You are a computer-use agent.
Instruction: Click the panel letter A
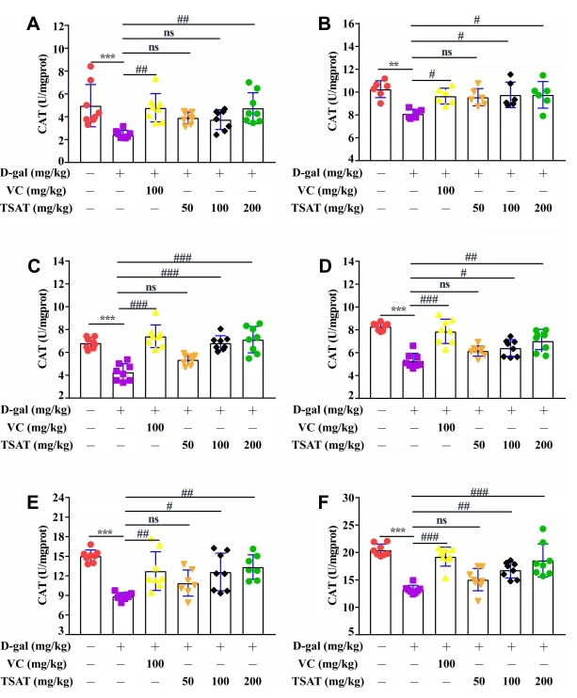coord(34,24)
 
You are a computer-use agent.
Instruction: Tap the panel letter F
coord(324,502)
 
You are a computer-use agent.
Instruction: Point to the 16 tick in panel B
coord(348,24)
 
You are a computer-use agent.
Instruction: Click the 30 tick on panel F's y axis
coord(348,498)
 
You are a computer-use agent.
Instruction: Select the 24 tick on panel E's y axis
coord(58,498)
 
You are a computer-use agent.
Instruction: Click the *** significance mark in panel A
coord(107,57)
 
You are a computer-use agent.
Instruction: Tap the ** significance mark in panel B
coord(393,65)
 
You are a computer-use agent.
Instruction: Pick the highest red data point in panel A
coord(90,67)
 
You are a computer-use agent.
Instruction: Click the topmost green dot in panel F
coord(543,529)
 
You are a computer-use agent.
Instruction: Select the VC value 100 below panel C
coord(155,428)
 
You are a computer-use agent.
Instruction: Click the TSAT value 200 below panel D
coord(543,445)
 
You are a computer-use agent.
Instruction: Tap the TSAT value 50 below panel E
coord(187,681)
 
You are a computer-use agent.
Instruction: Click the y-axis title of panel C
coord(42,328)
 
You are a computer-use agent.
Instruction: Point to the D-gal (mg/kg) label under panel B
coord(327,173)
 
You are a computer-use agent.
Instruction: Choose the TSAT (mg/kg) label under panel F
coord(328,681)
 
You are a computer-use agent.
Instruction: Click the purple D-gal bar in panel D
coord(413,379)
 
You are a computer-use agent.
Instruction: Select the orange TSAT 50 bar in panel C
coord(187,379)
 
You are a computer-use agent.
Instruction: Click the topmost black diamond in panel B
coord(510,74)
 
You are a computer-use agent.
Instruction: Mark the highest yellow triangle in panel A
coord(155,79)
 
